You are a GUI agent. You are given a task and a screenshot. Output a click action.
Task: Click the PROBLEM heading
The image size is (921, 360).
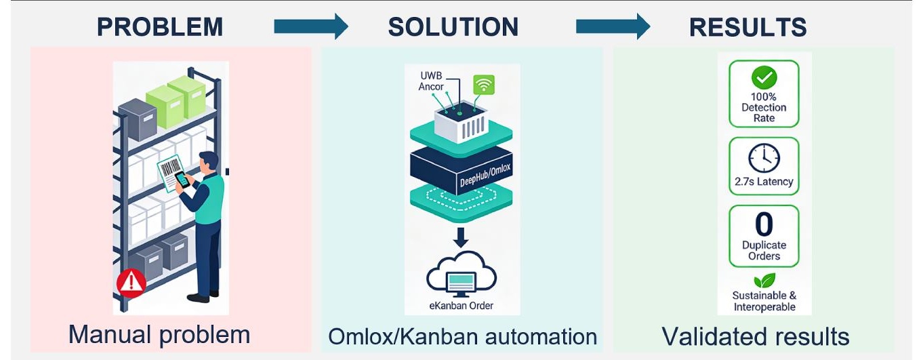(x=159, y=27)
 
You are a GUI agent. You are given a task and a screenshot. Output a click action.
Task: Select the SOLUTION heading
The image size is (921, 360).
(x=453, y=27)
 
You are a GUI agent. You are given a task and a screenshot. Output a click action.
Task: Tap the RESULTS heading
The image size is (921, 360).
(x=748, y=27)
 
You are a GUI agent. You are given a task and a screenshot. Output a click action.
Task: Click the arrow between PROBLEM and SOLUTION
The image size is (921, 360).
(x=310, y=26)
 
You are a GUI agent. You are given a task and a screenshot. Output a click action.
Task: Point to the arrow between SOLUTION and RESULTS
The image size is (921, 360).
(x=612, y=26)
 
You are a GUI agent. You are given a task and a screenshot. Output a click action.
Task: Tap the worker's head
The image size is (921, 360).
(x=209, y=163)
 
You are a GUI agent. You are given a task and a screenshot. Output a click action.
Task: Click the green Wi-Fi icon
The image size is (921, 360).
(x=484, y=84)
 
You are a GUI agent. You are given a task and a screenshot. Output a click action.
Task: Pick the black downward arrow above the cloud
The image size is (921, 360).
(x=462, y=237)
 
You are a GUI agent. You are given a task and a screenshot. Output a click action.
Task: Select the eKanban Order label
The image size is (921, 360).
(x=462, y=306)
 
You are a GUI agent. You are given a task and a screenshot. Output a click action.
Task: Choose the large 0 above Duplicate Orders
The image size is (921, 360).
(x=764, y=224)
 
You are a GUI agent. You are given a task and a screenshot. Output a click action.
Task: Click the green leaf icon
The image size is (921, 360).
(x=764, y=280)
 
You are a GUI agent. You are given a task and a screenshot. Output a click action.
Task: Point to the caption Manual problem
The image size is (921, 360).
(x=159, y=334)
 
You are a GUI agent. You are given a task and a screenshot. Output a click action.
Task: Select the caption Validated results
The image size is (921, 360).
(x=755, y=336)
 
